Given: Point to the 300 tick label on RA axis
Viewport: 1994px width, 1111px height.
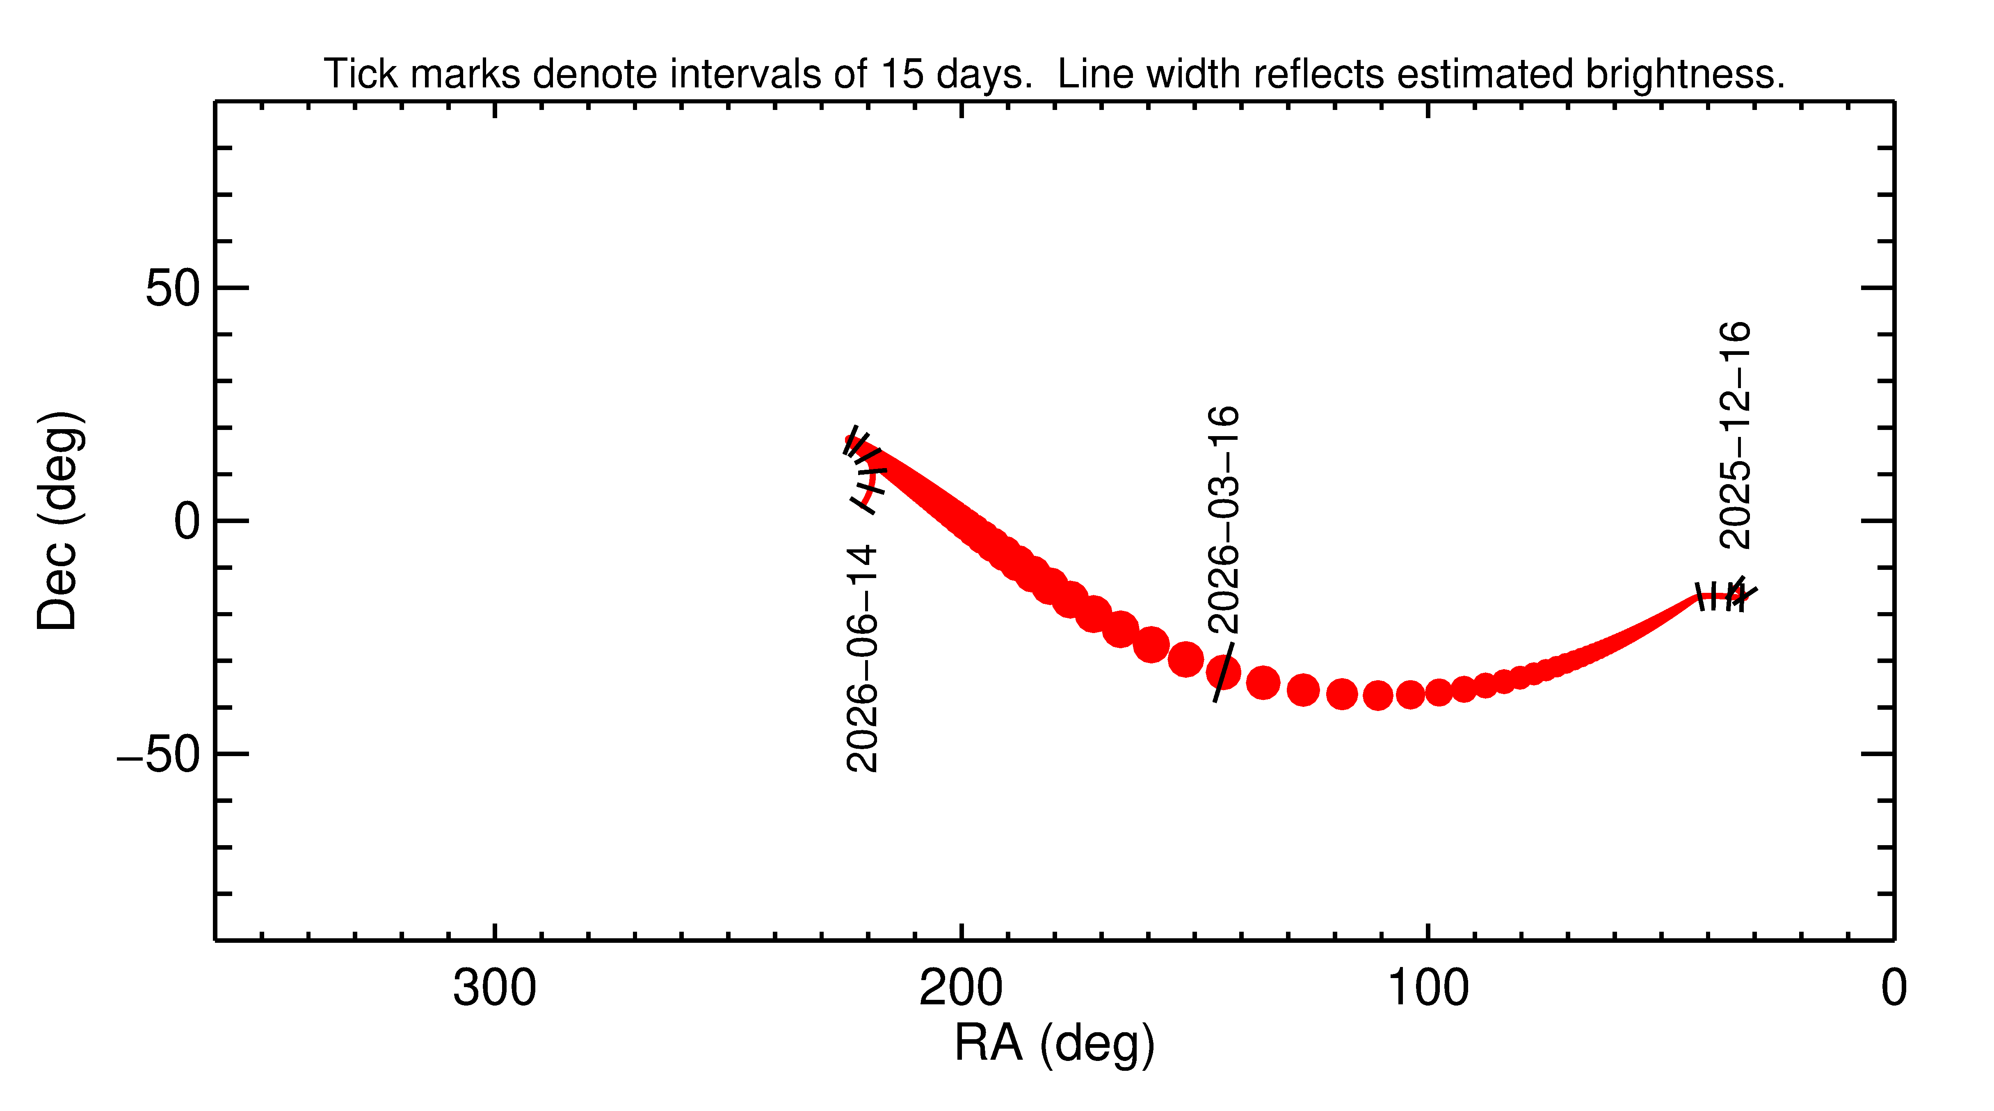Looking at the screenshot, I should [x=495, y=989].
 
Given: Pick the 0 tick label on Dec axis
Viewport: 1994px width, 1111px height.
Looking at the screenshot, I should [x=187, y=522].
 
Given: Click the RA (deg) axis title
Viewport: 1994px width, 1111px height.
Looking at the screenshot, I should [x=1054, y=1044].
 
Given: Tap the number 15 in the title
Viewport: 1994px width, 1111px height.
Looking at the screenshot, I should [x=902, y=74].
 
